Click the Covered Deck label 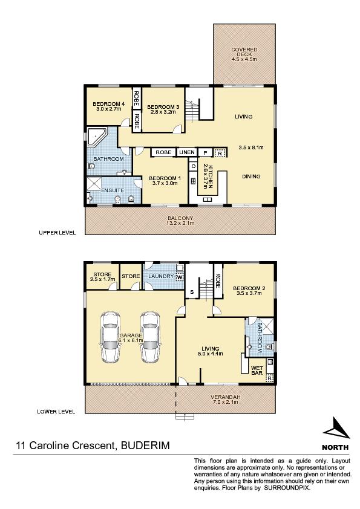point(244,54)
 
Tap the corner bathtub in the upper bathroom point(94,137)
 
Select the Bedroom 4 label point(108,106)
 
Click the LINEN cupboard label point(187,152)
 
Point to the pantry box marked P point(205,152)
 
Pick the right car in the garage point(150,337)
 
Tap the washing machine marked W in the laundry point(179,277)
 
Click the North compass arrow point(336,428)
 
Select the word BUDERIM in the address point(145,445)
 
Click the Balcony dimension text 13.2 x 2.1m point(181,223)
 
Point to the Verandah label point(225,397)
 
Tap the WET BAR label point(257,371)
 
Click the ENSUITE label point(113,190)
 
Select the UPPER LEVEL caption point(57,232)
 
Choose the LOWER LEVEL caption point(56,411)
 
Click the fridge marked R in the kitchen point(220,152)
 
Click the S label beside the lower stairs point(192,292)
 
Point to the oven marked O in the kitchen point(194,166)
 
